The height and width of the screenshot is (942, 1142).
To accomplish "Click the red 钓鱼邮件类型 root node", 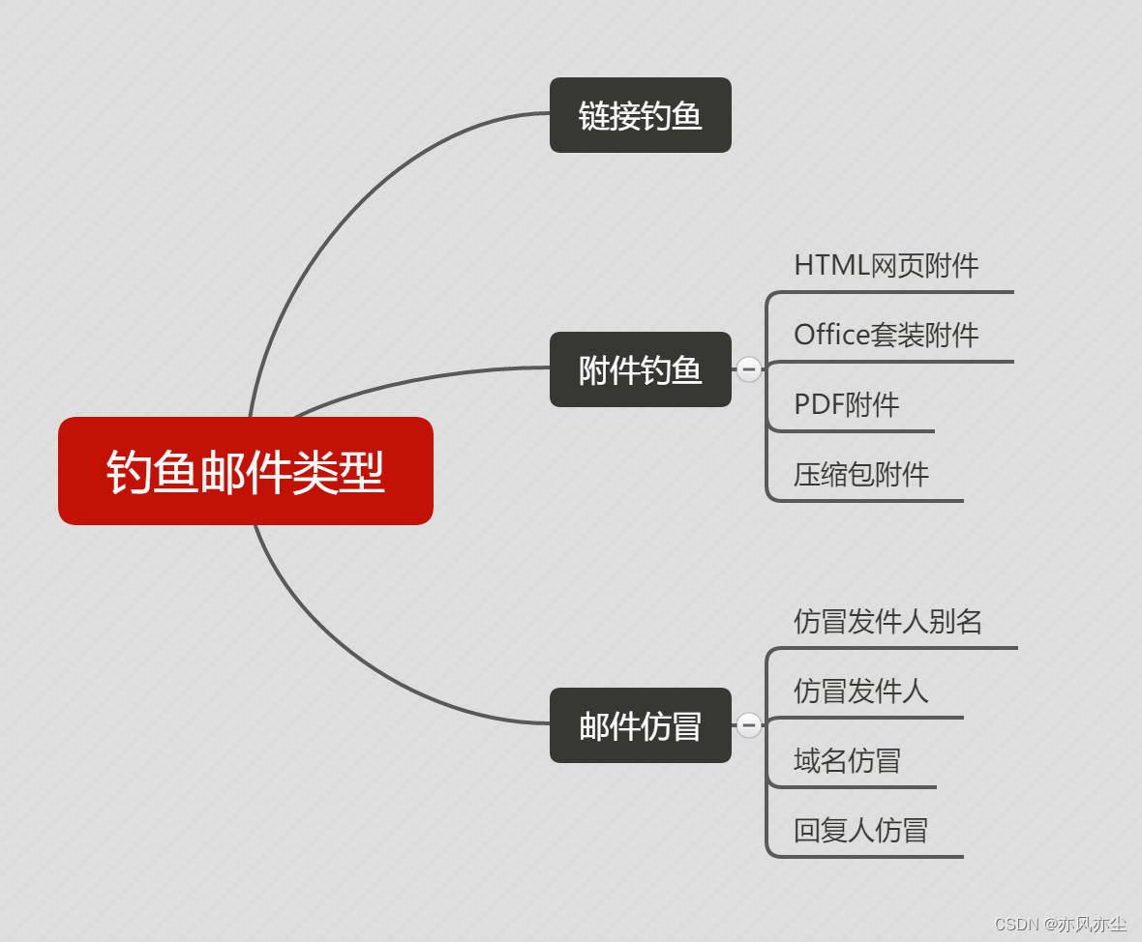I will pos(245,471).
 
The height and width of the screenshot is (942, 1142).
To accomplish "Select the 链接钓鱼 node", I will pos(640,115).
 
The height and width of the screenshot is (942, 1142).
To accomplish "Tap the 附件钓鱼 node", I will pos(640,369).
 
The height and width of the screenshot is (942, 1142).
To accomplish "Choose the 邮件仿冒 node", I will pos(640,725).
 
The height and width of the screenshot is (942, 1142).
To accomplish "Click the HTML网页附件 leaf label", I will pos(886,266).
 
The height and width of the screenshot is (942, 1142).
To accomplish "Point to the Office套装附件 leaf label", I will pos(886,336).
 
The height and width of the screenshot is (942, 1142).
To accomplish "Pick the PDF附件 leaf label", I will pos(847,404).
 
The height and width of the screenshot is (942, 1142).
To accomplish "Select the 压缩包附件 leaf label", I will pos(861,474).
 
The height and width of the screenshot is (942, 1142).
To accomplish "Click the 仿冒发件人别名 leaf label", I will pos(887,621).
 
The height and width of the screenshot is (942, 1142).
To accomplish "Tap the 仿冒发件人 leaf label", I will pos(860,691).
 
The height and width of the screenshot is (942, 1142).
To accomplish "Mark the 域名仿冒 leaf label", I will pos(847,760).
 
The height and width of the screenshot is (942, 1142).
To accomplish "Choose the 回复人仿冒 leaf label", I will pos(860,830).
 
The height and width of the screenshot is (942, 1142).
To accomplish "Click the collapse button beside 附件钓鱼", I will pos(748,368).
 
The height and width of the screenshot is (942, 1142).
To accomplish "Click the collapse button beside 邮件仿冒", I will pos(748,724).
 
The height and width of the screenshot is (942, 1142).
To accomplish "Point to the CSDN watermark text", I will pos(1060,924).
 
